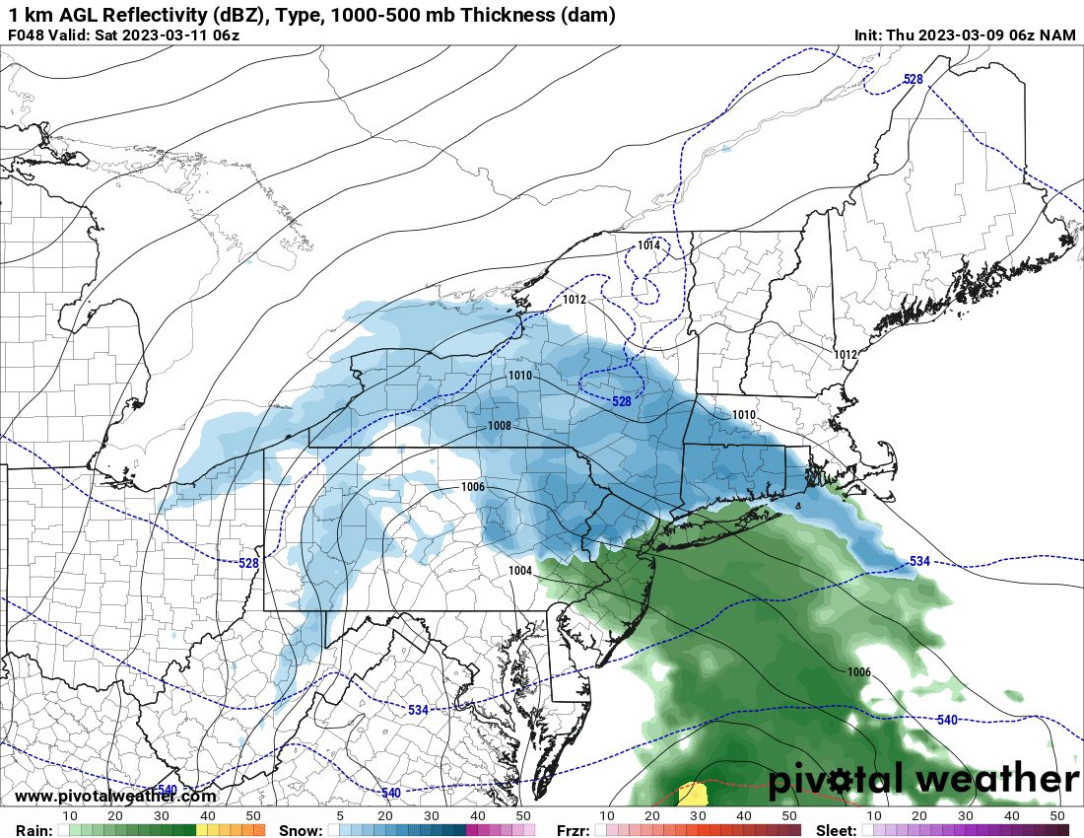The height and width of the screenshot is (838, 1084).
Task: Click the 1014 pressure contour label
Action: [x=648, y=245]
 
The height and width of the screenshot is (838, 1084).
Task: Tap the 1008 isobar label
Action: [x=500, y=426]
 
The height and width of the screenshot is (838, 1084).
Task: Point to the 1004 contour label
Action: [x=520, y=571]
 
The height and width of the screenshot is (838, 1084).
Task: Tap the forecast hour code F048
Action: [x=27, y=35]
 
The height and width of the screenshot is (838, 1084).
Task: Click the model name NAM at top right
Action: [x=1058, y=35]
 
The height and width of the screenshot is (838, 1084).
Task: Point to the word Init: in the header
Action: [x=870, y=35]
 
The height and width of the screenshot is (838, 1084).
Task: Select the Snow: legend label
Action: [x=301, y=830]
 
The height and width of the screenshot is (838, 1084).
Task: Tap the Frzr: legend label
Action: [x=574, y=830]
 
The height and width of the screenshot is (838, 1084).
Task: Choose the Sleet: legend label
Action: [x=837, y=830]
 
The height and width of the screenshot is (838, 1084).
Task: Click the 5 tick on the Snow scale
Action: [x=340, y=816]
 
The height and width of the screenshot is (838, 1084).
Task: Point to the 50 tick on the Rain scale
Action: [x=253, y=816]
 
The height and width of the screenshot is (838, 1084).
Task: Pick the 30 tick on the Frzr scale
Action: [x=698, y=816]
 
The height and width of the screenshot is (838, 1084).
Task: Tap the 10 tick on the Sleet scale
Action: [x=873, y=816]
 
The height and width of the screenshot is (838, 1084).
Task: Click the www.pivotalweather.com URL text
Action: [x=115, y=797]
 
